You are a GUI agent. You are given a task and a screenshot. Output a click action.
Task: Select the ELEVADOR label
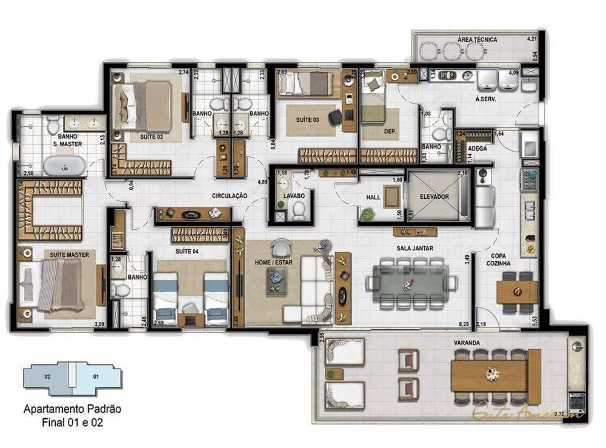(x=433, y=197)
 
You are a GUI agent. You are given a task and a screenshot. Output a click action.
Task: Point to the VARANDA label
(x=467, y=343)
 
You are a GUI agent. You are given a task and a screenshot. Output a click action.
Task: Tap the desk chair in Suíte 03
(x=335, y=118)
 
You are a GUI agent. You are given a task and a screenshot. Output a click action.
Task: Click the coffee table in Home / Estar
(x=276, y=282)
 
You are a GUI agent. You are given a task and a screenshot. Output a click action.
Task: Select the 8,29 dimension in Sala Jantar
(x=465, y=325)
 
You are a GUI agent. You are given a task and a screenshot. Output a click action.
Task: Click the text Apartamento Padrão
(x=72, y=409)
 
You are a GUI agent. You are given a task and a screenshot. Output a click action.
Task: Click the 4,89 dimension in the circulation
(x=262, y=181)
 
